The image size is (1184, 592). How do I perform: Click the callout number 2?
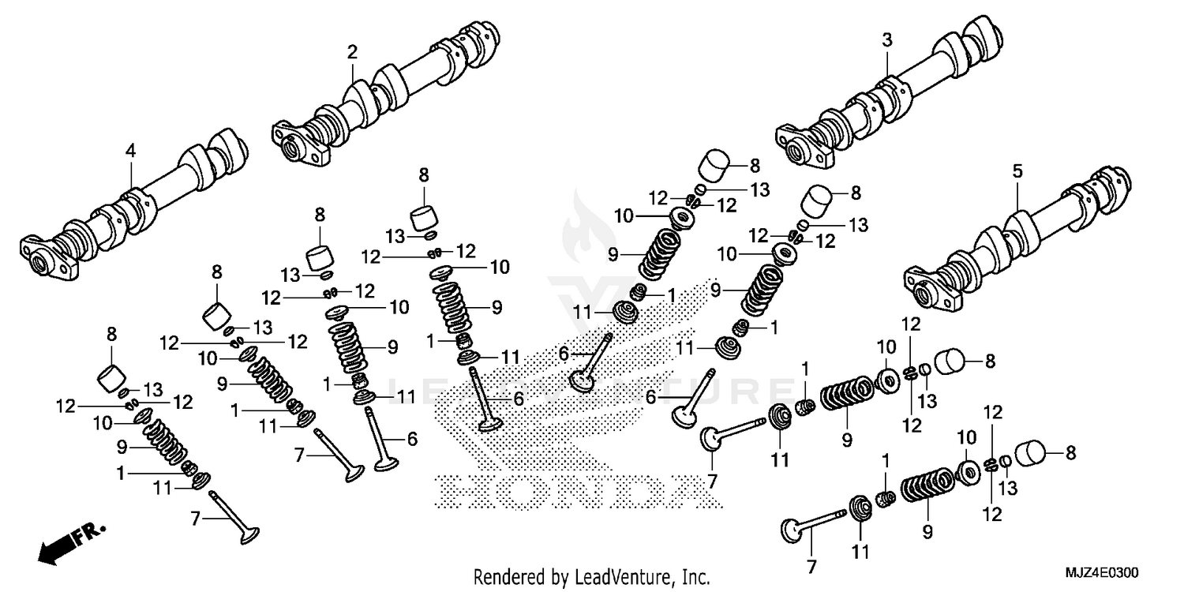pyautogui.click(x=352, y=53)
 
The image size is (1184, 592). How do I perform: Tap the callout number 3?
pyautogui.click(x=886, y=41)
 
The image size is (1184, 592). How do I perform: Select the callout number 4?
pyautogui.click(x=131, y=149)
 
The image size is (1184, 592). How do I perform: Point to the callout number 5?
pyautogui.click(x=1017, y=171)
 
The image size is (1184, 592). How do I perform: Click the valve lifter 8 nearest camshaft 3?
pyautogui.click(x=716, y=167)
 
